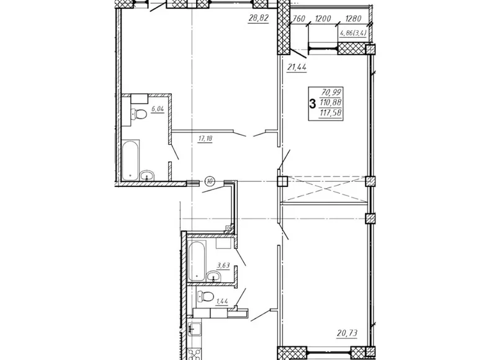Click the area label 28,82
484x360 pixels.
259,19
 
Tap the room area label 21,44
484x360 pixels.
297,67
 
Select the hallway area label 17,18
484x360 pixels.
205,138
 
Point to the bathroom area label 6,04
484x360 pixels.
157,109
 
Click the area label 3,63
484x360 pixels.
223,266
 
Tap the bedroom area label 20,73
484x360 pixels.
347,333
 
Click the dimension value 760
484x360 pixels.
299,19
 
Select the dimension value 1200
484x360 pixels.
323,19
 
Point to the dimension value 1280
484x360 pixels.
353,19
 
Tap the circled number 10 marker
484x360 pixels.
210,181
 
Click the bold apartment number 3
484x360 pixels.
313,104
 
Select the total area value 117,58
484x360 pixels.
331,113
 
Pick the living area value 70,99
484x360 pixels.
331,92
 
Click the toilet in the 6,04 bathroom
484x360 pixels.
138,114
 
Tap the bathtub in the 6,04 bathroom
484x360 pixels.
130,160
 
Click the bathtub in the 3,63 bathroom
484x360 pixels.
197,261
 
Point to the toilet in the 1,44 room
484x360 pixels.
205,297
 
